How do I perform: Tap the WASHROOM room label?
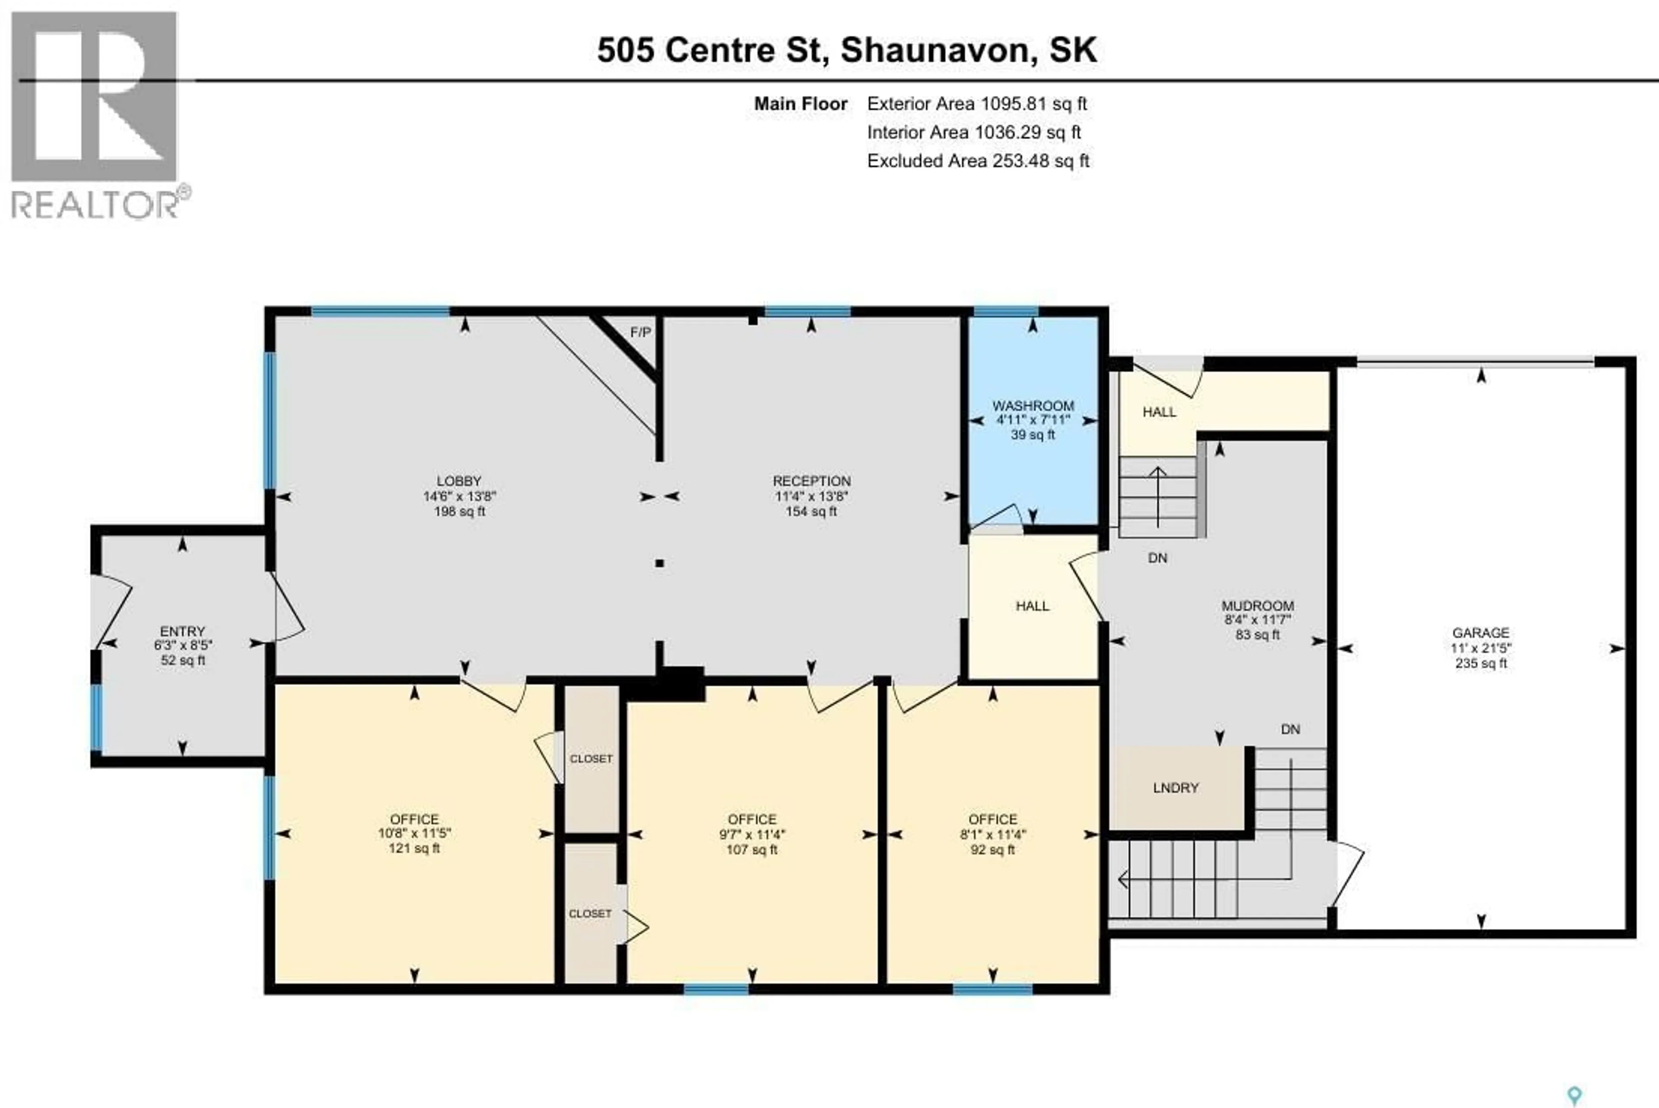1033,406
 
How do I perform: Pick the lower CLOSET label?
590,913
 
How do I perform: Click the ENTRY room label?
182,631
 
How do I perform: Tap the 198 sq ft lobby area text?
459,511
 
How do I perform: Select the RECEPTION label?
811,481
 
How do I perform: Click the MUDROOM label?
1257,606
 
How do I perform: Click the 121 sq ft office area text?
414,848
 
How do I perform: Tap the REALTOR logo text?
95,205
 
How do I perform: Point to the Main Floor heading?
800,104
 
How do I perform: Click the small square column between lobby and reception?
659,563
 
